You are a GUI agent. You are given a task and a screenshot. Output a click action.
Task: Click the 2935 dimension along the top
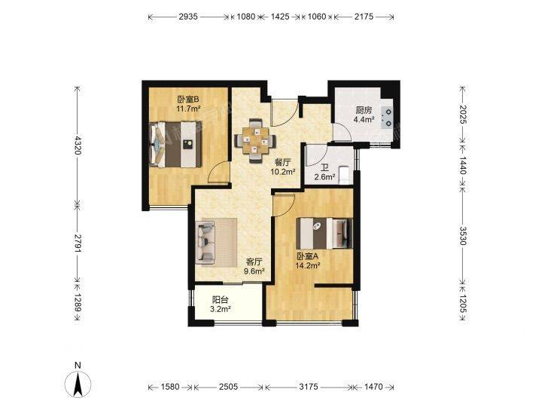pos(188,17)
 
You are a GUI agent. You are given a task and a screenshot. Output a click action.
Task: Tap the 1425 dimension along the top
pos(279,17)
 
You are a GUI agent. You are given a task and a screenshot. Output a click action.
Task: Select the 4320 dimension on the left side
pos(78,145)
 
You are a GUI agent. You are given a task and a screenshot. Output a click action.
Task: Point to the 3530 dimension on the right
pos(463,236)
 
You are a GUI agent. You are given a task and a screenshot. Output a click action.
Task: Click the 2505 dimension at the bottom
pos(228,387)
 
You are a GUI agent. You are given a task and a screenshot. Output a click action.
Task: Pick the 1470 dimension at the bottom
pos(373,387)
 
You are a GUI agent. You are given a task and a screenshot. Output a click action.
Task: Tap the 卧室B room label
pos(188,99)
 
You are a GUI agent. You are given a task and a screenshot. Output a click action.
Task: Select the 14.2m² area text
pos(307,265)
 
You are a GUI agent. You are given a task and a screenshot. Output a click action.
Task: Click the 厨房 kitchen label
pos(364,110)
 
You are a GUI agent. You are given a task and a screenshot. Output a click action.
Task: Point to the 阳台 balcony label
pos(220,300)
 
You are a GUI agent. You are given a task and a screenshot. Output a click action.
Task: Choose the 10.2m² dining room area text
pos(283,171)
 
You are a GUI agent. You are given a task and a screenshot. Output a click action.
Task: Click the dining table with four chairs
pos(255,140)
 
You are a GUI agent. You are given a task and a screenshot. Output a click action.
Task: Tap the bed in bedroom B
pos(175,144)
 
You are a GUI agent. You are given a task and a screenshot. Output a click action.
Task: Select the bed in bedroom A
pos(324,233)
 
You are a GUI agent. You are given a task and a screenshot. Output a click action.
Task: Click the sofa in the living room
pos(206,242)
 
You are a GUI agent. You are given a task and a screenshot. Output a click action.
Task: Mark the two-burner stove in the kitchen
pos(388,117)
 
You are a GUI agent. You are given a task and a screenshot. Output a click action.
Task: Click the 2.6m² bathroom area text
pos(324,178)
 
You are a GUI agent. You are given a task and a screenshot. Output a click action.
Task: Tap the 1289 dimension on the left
pos(78,302)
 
